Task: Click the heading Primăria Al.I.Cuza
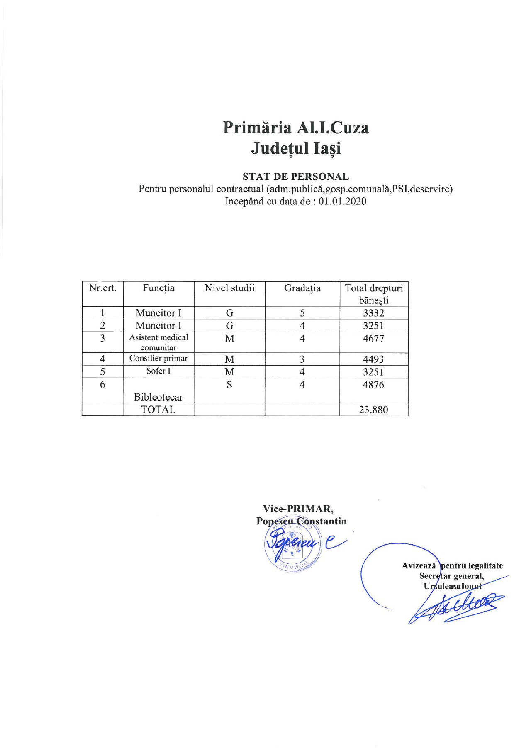(295, 128)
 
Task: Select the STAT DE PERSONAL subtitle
(295, 177)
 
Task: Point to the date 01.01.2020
(343, 202)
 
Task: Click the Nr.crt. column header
(102, 288)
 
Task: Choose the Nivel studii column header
(229, 288)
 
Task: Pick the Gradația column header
(302, 288)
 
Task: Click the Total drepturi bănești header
(374, 294)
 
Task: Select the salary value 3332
(373, 313)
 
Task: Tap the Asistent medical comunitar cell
(158, 342)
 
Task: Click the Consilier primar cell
(158, 358)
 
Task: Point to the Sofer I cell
(158, 371)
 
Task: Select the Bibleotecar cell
(158, 397)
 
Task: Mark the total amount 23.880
(373, 410)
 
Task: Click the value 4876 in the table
(373, 385)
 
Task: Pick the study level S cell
(229, 385)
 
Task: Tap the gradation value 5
(302, 313)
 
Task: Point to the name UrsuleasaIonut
(453, 586)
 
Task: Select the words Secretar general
(451, 576)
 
